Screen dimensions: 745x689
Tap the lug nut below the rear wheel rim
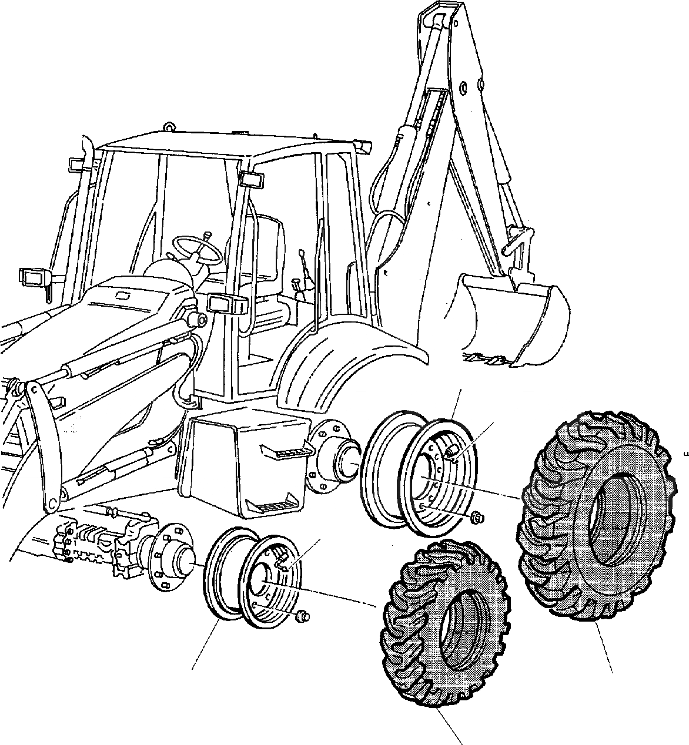477,517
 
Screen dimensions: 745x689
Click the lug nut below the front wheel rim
302,616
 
